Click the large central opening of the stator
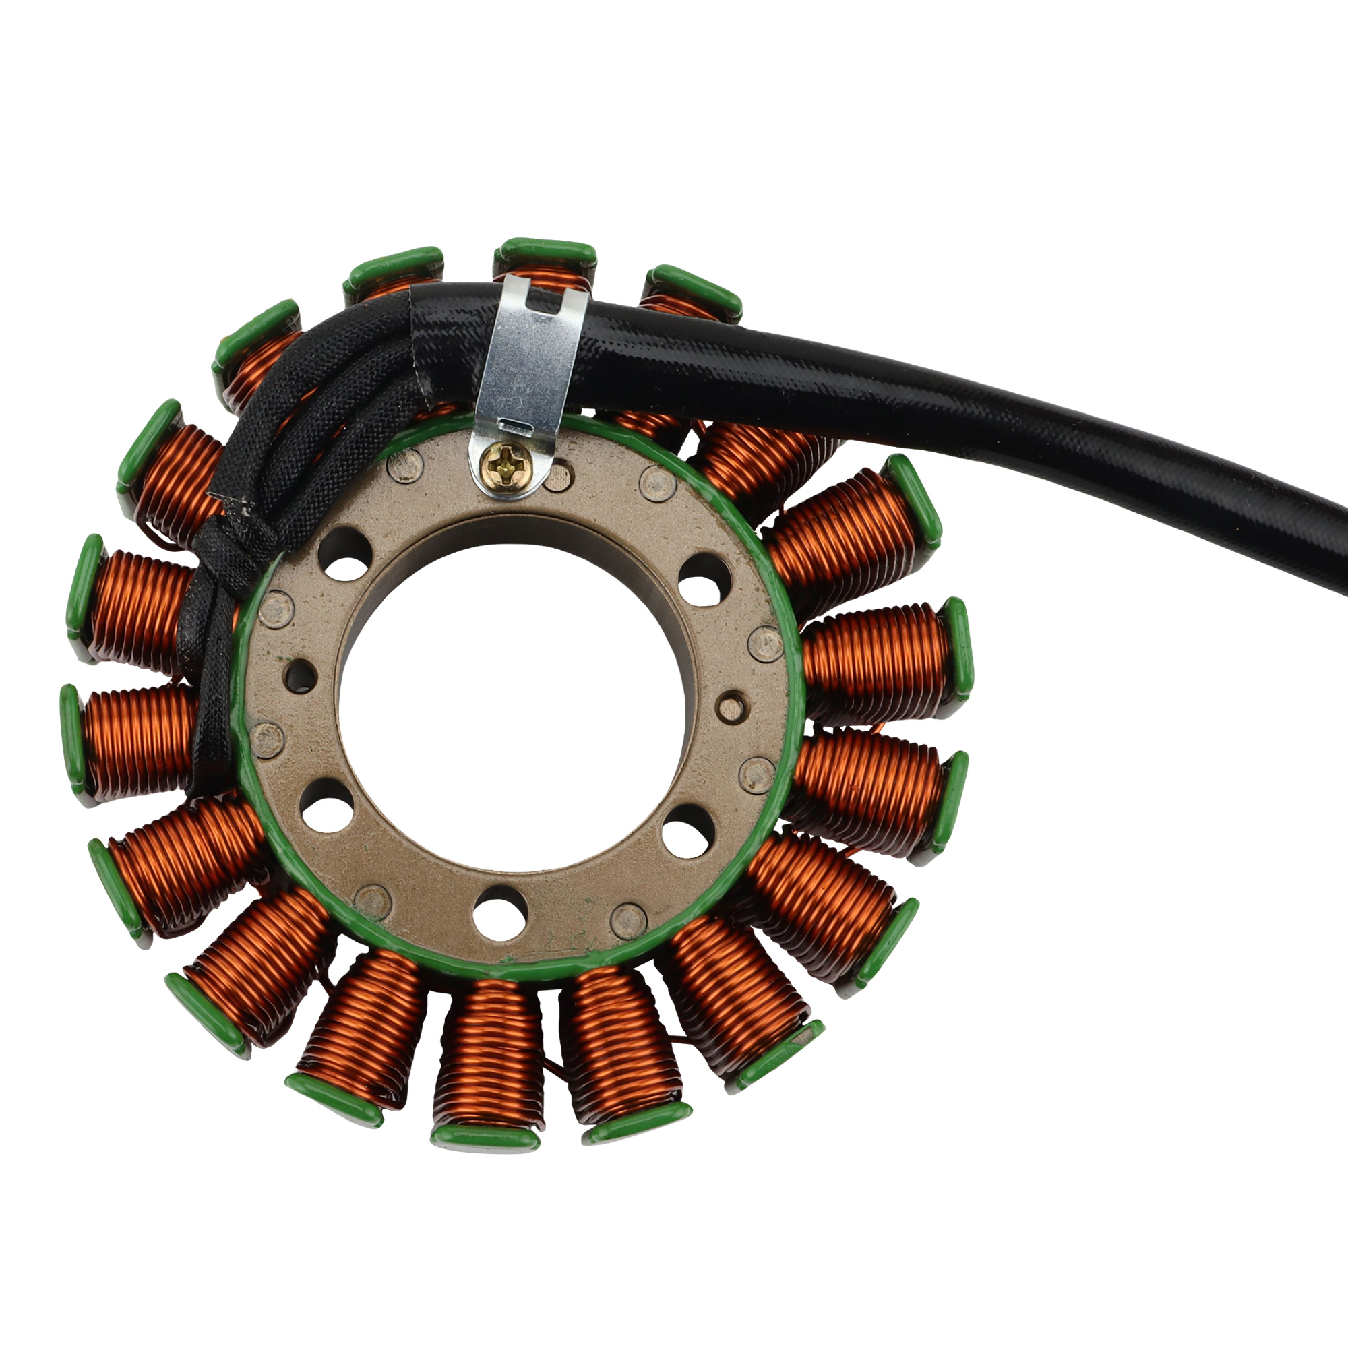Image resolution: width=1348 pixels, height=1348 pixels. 514,706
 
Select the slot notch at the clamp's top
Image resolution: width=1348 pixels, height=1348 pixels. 546,301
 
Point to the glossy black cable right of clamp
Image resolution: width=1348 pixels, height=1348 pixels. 907,404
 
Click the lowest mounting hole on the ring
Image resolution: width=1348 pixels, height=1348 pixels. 499,913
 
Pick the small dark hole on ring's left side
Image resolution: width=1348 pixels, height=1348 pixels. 301,675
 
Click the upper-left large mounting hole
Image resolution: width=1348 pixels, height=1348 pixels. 342,555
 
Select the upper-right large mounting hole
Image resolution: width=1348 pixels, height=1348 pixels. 704,580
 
